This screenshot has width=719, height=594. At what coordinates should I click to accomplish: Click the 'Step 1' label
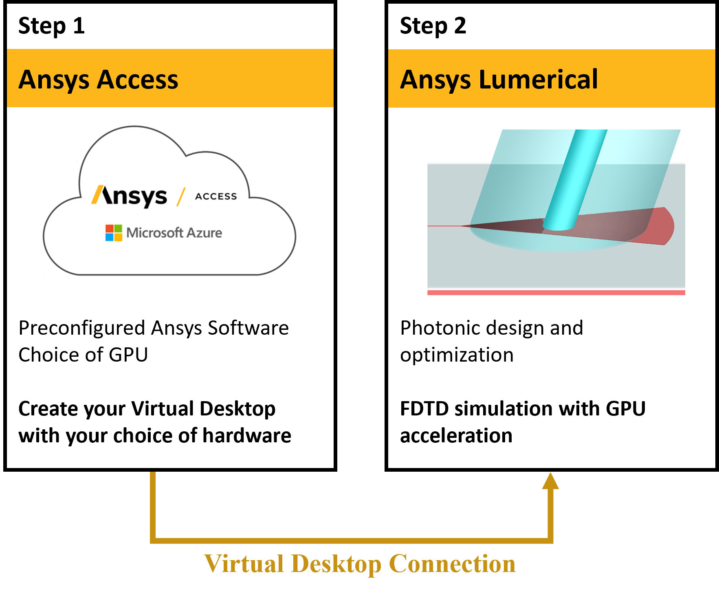pos(51,26)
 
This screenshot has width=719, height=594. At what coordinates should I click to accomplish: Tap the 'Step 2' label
pos(433,26)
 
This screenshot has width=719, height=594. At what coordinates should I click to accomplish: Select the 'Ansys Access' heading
pos(98,79)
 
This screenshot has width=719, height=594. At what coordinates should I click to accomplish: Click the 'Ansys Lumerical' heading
pos(499,79)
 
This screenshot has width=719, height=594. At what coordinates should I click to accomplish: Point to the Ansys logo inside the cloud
pos(129,196)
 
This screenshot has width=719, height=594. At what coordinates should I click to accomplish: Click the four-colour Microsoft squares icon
pos(114,233)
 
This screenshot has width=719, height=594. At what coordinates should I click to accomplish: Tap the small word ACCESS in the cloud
pos(216,197)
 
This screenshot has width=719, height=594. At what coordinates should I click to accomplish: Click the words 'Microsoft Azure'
pos(174,233)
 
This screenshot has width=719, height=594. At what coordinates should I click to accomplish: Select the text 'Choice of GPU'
pos(83,355)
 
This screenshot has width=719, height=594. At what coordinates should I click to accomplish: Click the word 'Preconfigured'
pos(82,329)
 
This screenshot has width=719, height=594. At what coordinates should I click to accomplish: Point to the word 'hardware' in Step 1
pos(247,435)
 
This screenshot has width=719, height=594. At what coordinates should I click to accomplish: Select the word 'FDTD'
pos(424,409)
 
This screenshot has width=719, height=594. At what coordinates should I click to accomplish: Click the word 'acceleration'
pos(456,435)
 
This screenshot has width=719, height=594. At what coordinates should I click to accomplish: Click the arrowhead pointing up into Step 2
pos(550,481)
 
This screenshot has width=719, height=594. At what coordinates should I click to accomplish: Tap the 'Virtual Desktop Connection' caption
pos(360,564)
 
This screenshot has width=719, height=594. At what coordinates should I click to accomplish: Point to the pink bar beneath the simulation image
pos(556,292)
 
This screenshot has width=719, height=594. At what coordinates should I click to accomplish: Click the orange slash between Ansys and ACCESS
pos(181,197)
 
